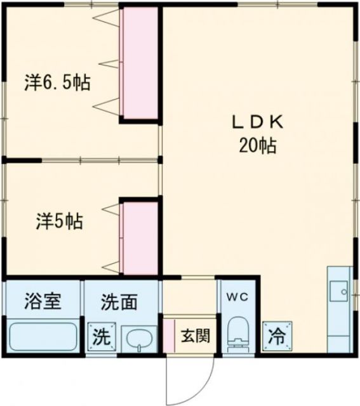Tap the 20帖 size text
click(257, 146)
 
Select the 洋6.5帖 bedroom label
click(57, 82)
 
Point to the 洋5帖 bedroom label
click(58, 221)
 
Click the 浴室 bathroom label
click(43, 302)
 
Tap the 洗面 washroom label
click(119, 302)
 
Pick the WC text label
click(237, 297)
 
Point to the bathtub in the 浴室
click(43, 336)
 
